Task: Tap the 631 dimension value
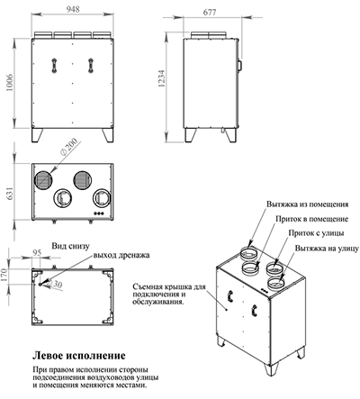pyautogui.click(x=9, y=192)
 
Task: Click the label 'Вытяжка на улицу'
pyautogui.click(x=317, y=246)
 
